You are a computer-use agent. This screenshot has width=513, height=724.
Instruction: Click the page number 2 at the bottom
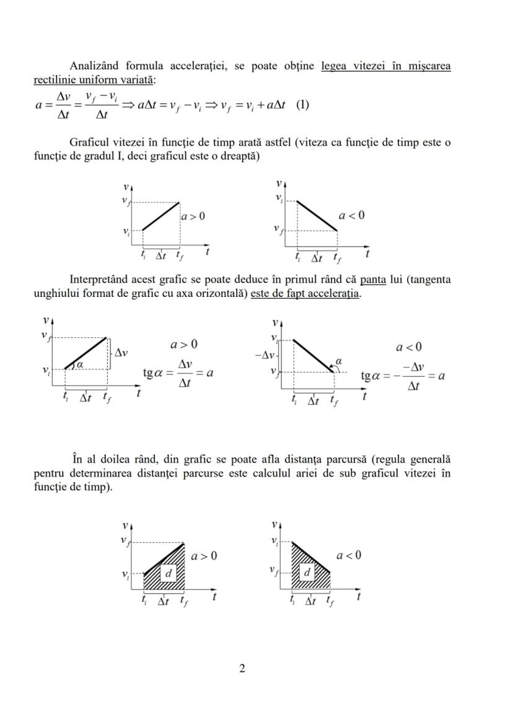tap(242, 668)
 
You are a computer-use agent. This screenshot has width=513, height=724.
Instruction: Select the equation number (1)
tap(301, 104)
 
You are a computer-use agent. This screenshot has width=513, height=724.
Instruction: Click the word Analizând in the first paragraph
tap(94, 66)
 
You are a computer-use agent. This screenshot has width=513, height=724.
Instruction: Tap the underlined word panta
tap(372, 280)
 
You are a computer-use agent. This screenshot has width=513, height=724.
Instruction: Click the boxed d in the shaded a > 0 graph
tap(168, 573)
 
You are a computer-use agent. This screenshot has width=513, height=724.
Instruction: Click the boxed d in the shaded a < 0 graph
tap(306, 572)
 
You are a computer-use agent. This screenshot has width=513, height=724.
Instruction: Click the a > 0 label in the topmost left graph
tap(193, 216)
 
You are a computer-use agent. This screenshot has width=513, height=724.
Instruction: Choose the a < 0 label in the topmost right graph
tap(352, 215)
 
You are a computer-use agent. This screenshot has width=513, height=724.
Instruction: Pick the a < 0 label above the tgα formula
tap(409, 347)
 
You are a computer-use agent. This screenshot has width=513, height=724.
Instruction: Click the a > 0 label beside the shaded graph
tap(204, 556)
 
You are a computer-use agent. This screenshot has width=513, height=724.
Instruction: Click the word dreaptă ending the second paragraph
tap(240, 156)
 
